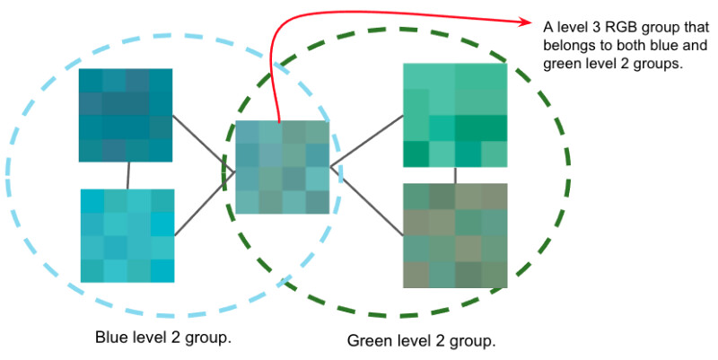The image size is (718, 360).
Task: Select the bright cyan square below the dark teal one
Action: click(127, 235)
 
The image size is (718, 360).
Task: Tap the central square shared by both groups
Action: click(282, 167)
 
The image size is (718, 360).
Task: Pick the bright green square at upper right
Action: click(456, 115)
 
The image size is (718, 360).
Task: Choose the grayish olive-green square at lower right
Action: click(456, 235)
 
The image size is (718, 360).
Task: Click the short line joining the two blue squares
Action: click(127, 176)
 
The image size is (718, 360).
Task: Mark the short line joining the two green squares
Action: click(456, 175)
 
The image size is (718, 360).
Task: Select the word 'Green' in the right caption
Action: click(367, 341)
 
